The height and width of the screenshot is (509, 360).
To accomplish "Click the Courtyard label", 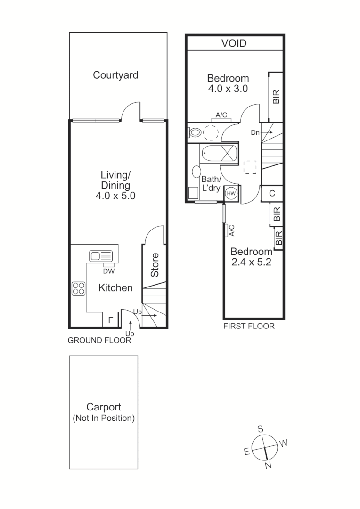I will tap(115, 75).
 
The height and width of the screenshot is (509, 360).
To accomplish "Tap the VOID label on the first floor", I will tap(234, 43).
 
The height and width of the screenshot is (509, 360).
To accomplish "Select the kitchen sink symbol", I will tap(101, 256).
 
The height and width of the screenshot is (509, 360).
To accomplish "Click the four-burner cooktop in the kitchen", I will tap(78, 288).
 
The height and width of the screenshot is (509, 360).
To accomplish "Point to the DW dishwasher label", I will tap(109, 271).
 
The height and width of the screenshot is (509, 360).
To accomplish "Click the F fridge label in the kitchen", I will tap(110, 320).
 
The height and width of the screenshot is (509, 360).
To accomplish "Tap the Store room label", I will tap(155, 265).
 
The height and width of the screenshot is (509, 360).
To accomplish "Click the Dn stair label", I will tap(255, 133).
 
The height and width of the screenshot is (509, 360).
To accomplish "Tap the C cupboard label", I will tap(272, 193).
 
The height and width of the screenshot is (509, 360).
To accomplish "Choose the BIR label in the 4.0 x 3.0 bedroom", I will tap(276, 97).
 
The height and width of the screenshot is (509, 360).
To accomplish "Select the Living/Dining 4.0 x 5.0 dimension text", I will tap(115, 196).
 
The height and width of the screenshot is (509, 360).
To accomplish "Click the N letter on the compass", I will tap(269, 466).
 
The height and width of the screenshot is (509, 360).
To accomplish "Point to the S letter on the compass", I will tap(260, 429).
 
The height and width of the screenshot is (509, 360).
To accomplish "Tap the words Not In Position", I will tap(104, 418).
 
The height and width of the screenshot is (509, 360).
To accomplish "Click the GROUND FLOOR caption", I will tap(99, 340).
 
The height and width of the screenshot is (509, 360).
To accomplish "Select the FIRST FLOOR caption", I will tap(249, 326).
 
